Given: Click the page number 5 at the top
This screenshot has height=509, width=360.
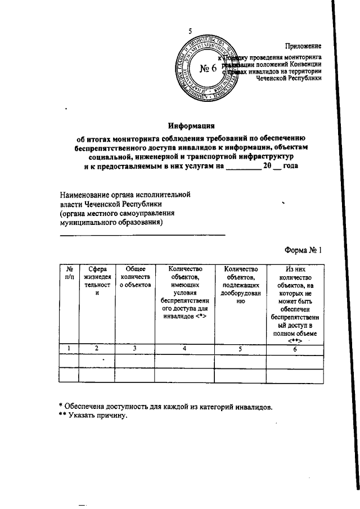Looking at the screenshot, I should tap(191, 31).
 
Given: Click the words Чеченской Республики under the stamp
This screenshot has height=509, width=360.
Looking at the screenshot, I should tap(289, 79).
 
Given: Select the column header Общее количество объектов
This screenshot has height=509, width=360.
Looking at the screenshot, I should tap(136, 277).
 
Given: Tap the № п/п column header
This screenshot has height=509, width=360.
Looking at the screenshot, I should tap(69, 273).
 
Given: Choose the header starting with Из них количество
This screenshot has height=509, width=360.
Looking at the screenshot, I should tap(294, 304).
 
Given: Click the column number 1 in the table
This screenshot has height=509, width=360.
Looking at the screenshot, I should tap(69, 349).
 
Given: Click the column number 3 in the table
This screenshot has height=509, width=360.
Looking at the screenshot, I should tap(136, 349).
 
